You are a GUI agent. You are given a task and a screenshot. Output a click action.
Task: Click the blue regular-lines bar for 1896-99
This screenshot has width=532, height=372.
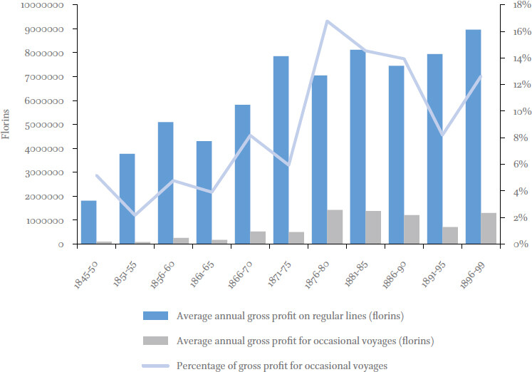474,137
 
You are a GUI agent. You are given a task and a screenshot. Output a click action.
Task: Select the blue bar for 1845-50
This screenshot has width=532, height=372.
89,222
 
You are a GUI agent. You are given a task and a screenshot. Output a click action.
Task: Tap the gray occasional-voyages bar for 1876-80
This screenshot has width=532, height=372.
335,227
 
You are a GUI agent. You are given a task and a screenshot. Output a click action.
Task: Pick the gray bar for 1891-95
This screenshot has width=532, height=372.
450,235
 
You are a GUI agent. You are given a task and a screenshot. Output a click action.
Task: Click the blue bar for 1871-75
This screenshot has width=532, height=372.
281,150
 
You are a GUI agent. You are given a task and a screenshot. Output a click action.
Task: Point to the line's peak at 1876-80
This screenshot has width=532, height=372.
327,21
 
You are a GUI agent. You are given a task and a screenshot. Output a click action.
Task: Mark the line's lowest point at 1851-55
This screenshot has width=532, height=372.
135,215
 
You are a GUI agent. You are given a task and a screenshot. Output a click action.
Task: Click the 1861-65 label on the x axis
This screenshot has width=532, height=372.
202,274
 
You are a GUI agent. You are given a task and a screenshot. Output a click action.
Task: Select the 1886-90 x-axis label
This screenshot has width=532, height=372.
395,275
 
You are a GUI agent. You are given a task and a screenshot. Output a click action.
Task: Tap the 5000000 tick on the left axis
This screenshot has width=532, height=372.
44,125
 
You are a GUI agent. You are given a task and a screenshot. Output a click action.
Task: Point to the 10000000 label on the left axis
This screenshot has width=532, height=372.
43,5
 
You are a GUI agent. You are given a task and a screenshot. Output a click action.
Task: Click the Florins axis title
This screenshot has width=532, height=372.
5,124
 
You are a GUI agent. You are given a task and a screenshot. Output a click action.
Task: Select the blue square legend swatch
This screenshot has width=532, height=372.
155,316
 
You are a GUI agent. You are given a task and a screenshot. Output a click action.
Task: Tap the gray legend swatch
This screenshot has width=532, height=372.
155,341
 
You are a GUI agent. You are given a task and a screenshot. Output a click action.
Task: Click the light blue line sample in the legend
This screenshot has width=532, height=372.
155,366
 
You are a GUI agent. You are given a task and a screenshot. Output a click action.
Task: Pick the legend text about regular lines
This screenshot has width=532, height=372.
290,316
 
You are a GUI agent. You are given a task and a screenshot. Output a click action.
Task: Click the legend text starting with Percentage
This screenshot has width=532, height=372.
282,366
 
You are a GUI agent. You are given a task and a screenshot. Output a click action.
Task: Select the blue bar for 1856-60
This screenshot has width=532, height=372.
165,183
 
